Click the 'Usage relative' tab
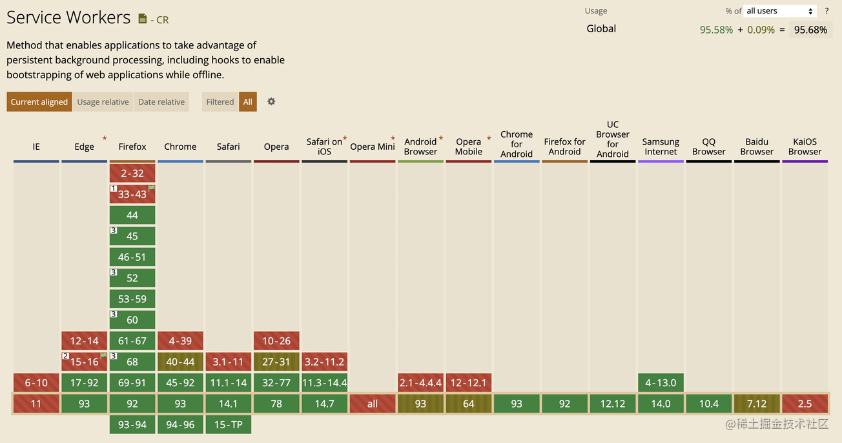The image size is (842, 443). tap(103, 102)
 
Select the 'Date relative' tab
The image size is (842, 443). tap(161, 102)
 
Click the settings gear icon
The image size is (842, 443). tap(271, 101)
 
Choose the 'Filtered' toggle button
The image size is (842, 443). tap(220, 102)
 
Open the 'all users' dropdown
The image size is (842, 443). tap(780, 11)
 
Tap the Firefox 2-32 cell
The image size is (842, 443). tap(132, 173)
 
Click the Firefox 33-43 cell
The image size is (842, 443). tap(132, 194)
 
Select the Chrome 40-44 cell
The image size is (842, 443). tap(180, 362)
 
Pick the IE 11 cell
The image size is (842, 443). tap(36, 404)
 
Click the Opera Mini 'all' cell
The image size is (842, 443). tap(373, 404)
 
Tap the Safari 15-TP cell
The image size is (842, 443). tap(228, 425)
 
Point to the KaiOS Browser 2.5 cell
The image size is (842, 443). tap(805, 404)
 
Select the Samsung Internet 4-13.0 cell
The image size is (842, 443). tap(661, 382)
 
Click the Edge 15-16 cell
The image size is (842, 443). tap(85, 362)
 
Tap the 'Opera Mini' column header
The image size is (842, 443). tap(373, 147)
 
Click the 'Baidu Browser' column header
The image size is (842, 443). tap(757, 147)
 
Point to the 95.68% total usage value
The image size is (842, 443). tap(810, 30)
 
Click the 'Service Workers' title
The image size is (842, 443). tap(68, 17)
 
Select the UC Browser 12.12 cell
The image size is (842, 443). tap(613, 404)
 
